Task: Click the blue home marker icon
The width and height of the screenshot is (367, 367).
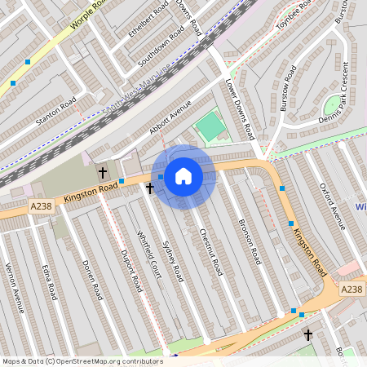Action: [x=183, y=175]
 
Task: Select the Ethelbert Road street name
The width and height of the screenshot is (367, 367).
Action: [x=148, y=19]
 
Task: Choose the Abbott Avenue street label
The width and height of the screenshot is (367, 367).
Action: [x=170, y=117]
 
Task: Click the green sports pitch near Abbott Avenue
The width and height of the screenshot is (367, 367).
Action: [x=210, y=126]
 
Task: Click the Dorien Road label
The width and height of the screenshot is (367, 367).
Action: [x=92, y=280]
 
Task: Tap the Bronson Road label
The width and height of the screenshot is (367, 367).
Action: [x=249, y=241]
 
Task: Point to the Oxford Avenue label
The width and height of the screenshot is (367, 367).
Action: [x=333, y=206]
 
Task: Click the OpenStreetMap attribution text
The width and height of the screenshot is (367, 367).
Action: [x=82, y=360]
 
